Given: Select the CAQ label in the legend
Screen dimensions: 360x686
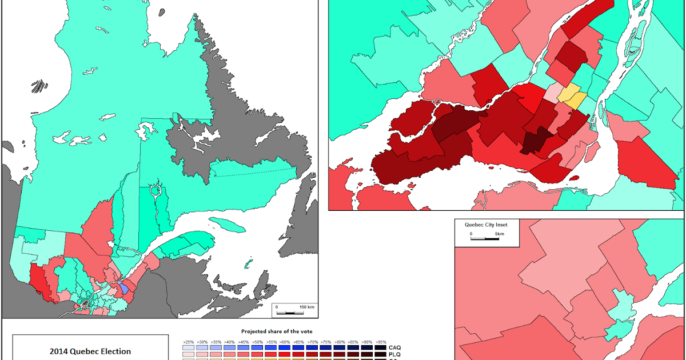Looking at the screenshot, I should (394, 347).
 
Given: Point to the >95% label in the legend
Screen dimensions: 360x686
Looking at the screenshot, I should (381, 341).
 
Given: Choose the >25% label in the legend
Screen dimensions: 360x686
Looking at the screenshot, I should (186, 341).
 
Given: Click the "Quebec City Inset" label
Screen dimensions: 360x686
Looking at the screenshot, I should (485, 225).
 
